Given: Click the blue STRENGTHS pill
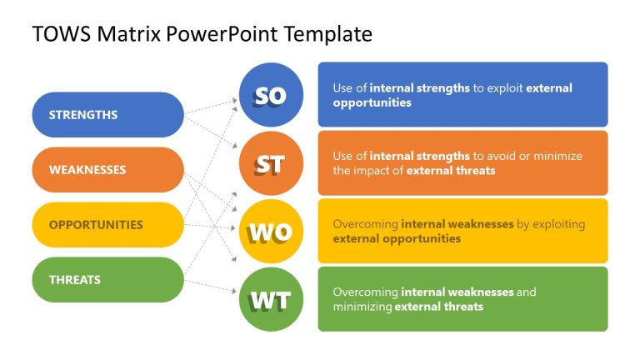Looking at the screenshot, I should pos(107,115).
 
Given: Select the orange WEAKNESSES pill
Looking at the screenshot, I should pos(107,170).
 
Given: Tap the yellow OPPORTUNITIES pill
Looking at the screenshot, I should pos(107,225).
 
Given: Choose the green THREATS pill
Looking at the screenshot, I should pos(107,280).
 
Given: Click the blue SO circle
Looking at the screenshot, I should pos(271,95).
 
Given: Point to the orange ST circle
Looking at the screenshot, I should pos(271,163).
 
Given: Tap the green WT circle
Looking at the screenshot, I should pos(271,299).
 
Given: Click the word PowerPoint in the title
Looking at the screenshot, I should pos(222,34).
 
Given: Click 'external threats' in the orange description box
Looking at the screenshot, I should pos(455,171).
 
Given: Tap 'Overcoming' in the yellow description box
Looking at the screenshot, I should pos(365,224).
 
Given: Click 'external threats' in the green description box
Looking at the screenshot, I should pos(438,307).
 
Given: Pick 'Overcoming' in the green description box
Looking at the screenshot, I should pos(365,292).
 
